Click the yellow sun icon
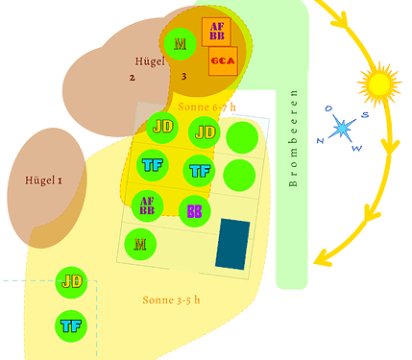pos(376,84)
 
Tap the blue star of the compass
pos(343,129)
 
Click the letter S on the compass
pos(364,115)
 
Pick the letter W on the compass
pos(358,148)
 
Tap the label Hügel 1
pos(43,180)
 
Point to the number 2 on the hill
pos(133,77)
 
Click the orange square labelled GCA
pos(223,62)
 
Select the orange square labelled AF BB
pos(216,32)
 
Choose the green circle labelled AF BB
pos(147,205)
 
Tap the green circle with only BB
pos(194,210)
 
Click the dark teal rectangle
pos(232,244)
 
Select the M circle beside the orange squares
pos(180,43)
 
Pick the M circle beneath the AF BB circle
pos(141,244)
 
